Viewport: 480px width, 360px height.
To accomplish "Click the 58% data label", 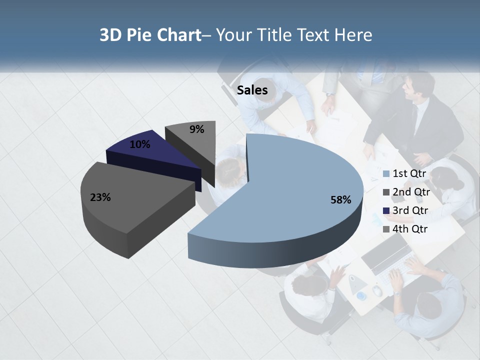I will click(x=340, y=200).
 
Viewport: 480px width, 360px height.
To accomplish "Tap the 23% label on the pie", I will click(x=100, y=197).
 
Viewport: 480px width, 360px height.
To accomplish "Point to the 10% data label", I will click(x=139, y=144).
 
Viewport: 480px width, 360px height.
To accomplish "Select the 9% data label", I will click(x=196, y=129).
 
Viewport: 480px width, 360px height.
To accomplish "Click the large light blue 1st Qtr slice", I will click(x=295, y=180).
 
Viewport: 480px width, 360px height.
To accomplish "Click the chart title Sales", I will click(x=252, y=90).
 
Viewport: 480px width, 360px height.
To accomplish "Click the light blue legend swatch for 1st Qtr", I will click(x=386, y=174).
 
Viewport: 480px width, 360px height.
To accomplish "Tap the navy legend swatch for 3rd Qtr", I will click(x=386, y=211).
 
